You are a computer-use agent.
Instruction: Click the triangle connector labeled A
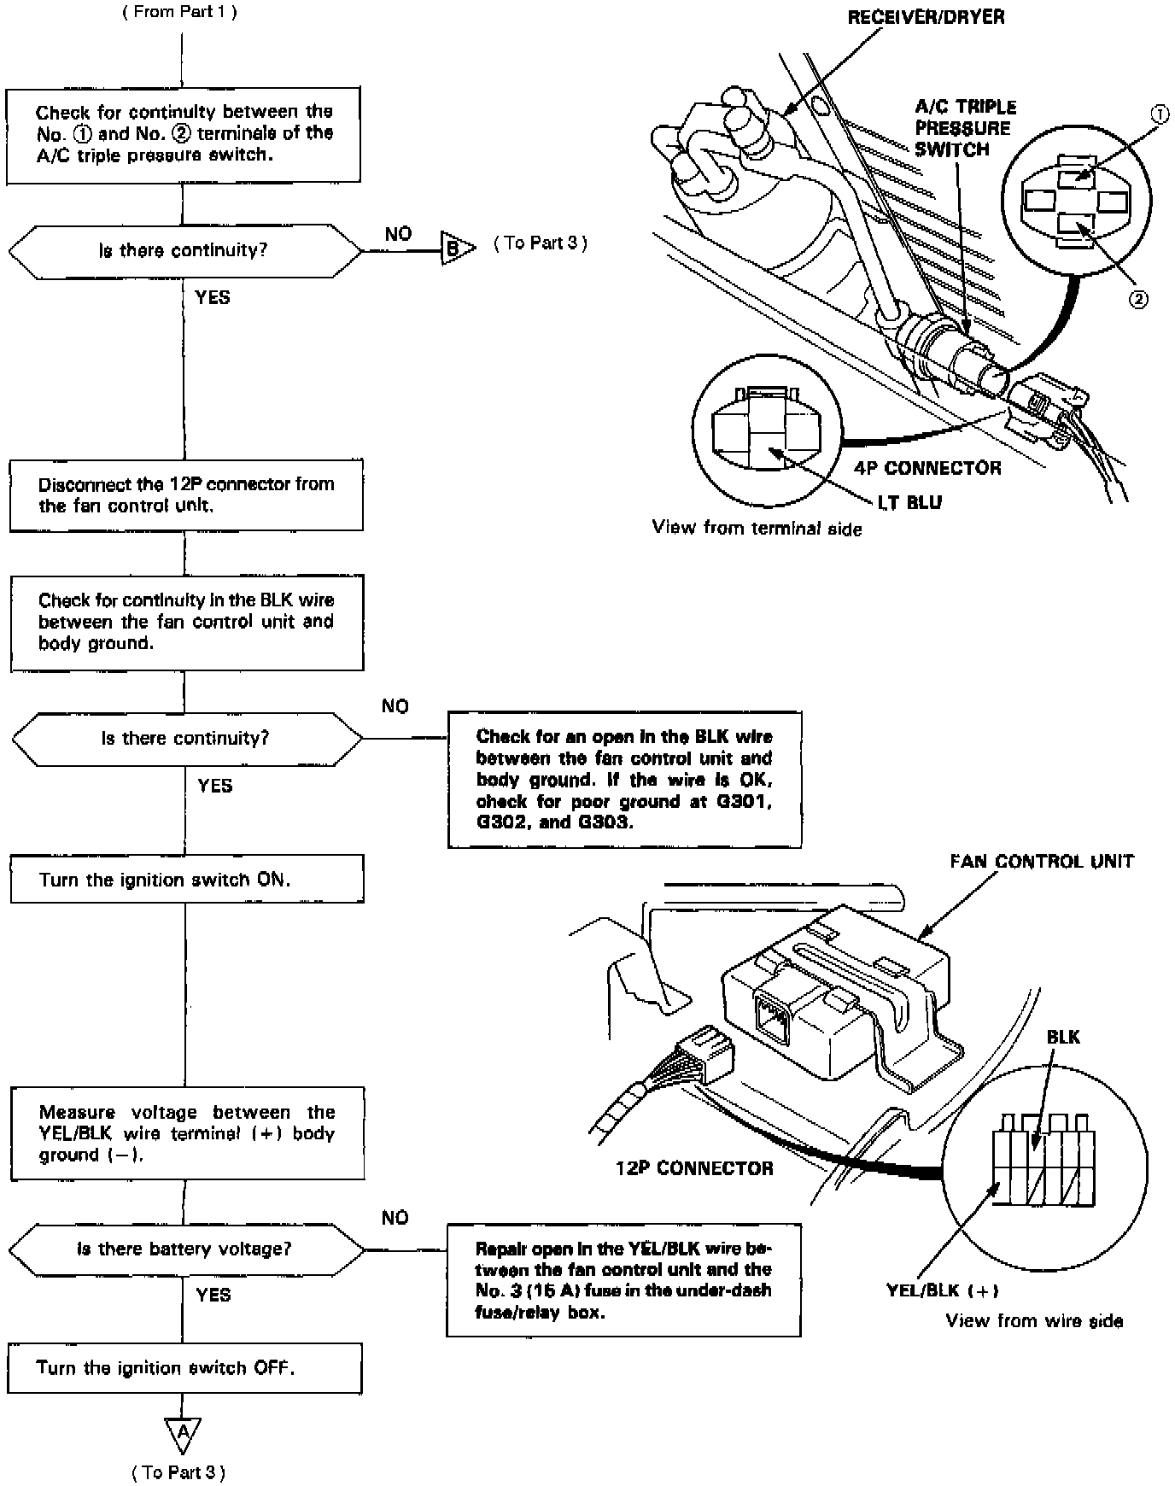tap(182, 1434)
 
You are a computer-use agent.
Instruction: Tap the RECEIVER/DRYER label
tap(926, 17)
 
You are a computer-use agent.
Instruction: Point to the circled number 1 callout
tap(1159, 115)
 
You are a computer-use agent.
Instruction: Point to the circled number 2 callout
tap(1138, 299)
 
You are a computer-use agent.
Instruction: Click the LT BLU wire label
tap(909, 502)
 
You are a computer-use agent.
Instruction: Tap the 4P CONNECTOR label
tap(927, 468)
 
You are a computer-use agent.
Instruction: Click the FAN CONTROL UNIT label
tap(1042, 861)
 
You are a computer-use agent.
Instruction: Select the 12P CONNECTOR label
tap(694, 1168)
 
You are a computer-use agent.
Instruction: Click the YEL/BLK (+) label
tap(942, 1290)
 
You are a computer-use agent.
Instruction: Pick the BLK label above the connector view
tap(1063, 1037)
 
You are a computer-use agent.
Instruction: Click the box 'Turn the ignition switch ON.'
tap(187, 880)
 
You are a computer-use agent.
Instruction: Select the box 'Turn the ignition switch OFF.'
tap(184, 1368)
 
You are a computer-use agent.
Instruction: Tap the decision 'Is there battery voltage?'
tap(185, 1249)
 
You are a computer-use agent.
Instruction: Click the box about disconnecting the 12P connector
tap(186, 495)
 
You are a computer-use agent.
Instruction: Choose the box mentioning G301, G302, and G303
tap(624, 779)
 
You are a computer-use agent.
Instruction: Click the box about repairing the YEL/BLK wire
tap(623, 1280)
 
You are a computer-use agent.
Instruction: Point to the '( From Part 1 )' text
tap(179, 12)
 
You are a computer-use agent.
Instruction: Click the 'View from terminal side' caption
tap(757, 529)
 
